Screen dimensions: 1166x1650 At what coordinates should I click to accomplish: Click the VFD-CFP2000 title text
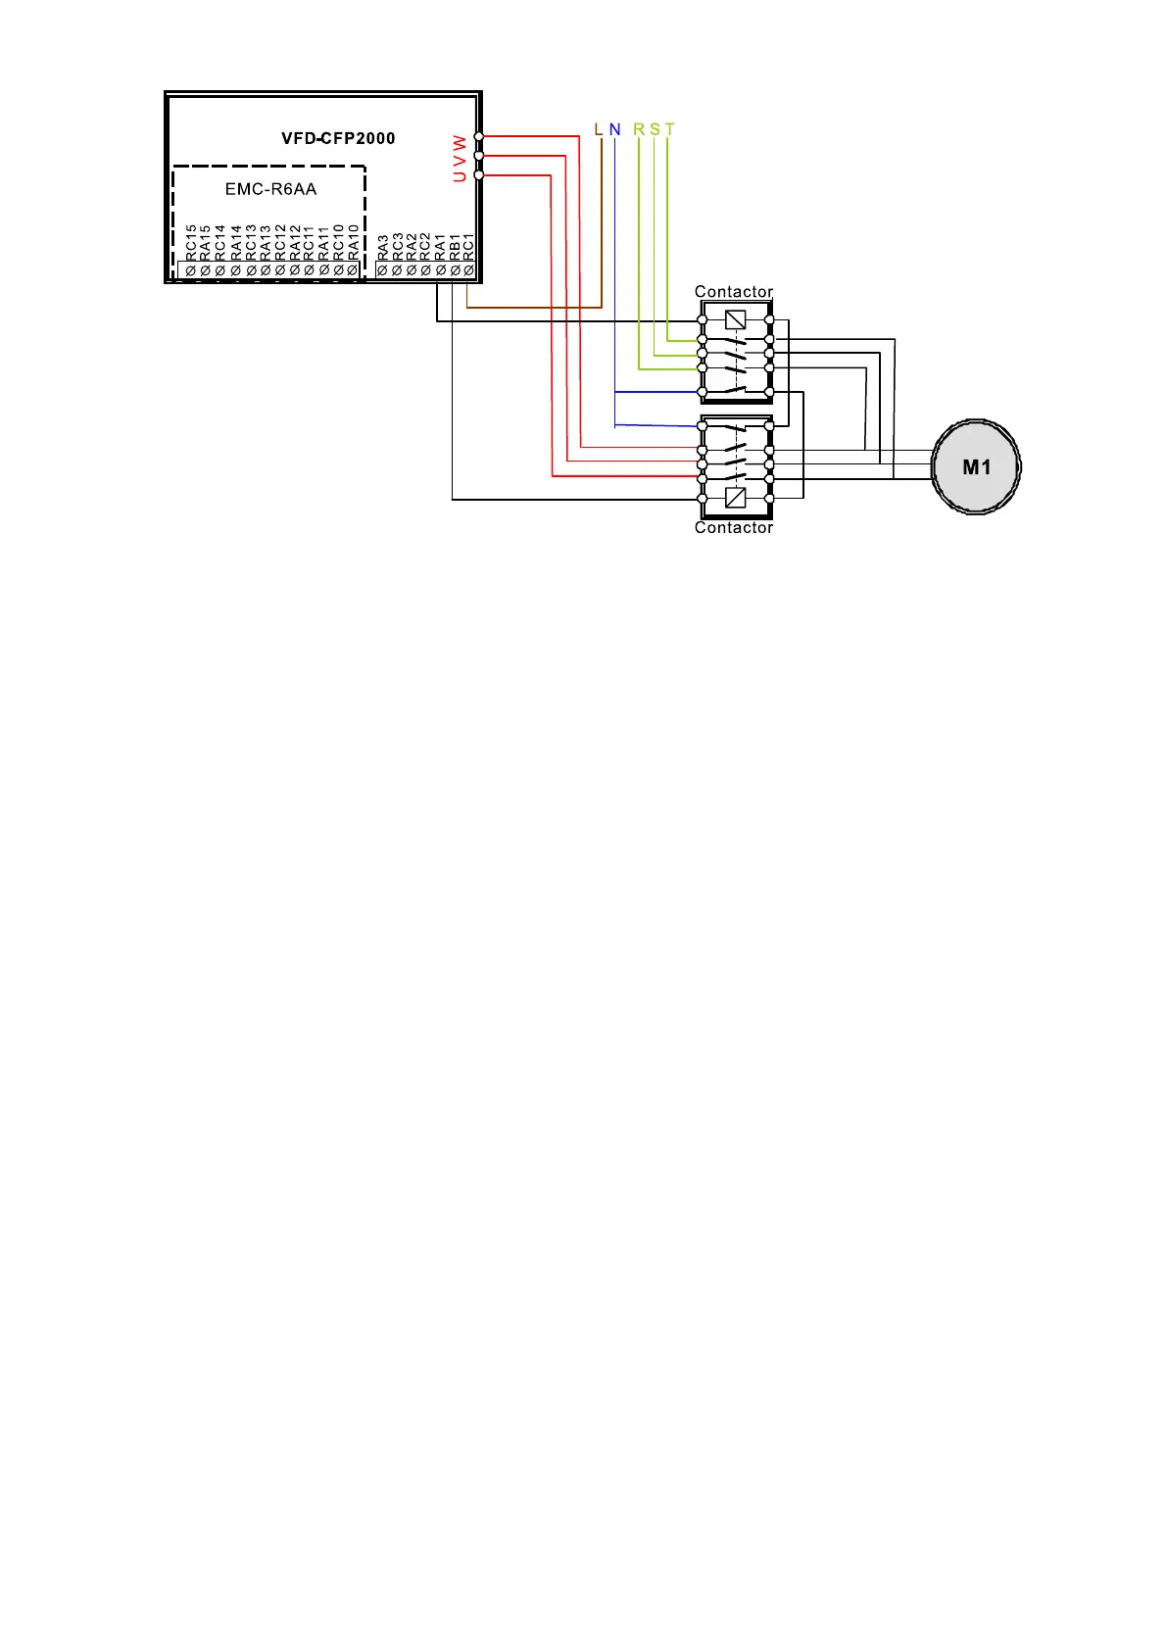point(338,138)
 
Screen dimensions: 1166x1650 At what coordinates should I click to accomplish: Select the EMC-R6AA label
point(270,189)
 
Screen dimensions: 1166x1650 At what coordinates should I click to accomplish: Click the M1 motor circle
point(976,467)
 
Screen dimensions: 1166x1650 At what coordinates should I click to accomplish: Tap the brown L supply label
point(599,129)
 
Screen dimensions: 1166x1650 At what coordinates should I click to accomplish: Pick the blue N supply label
point(614,129)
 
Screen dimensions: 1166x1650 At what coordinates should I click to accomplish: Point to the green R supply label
point(639,129)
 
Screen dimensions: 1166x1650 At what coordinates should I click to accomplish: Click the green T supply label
point(669,129)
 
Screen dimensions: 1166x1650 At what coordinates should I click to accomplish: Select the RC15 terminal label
point(191,243)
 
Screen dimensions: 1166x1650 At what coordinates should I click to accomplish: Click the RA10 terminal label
point(353,243)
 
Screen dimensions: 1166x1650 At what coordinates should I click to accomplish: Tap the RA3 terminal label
point(382,247)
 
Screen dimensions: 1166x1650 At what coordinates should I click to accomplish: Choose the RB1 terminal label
point(455,247)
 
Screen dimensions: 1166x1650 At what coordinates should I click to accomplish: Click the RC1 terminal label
point(469,247)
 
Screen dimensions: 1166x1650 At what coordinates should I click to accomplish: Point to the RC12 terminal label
point(280,243)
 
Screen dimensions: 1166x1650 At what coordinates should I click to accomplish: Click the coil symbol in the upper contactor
point(735,319)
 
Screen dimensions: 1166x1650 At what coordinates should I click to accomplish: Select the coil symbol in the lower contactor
point(735,498)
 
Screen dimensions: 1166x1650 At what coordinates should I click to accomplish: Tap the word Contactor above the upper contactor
point(733,292)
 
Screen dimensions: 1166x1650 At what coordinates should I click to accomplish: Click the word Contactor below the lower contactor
point(733,528)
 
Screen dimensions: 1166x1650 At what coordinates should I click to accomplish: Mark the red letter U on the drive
point(460,176)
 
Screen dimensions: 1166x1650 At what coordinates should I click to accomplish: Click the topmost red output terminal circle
point(479,136)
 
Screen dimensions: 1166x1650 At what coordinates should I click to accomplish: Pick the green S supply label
point(655,129)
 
